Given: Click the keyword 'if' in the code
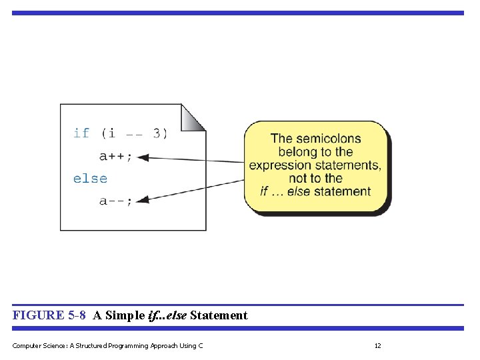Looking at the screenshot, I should tap(81, 133).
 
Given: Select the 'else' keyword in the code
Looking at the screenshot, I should tap(90, 179).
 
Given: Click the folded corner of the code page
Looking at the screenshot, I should tap(194, 116).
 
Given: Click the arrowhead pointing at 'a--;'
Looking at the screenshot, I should tap(145, 198).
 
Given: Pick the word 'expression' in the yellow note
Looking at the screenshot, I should tap(280, 165).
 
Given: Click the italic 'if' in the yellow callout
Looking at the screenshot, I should tap(265, 191).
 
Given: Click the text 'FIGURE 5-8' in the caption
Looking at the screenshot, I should tap(49, 315).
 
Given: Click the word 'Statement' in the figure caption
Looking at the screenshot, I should tap(219, 315).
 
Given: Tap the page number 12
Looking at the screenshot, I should tap(377, 345).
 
